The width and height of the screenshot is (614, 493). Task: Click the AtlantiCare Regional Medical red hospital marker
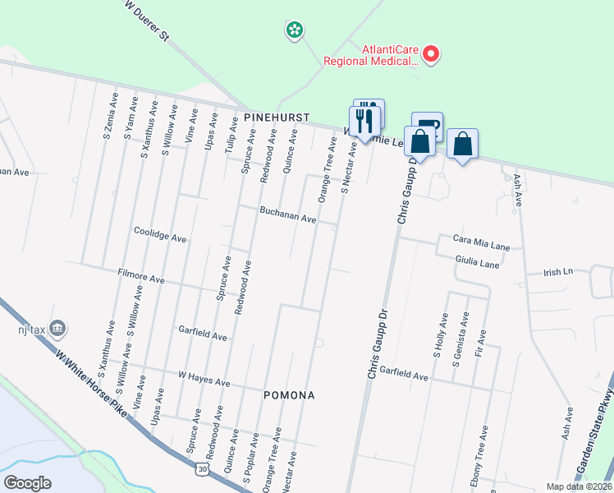click(x=430, y=55)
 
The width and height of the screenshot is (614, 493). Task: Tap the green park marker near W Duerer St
click(x=294, y=31)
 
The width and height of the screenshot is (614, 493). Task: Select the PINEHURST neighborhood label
click(x=277, y=118)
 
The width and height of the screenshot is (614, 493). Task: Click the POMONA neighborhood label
click(x=289, y=395)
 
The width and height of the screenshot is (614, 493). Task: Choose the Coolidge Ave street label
click(x=160, y=235)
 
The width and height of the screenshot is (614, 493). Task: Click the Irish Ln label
click(x=557, y=271)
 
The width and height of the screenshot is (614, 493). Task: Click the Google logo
click(x=27, y=483)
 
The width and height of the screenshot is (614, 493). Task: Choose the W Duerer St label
click(x=148, y=22)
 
